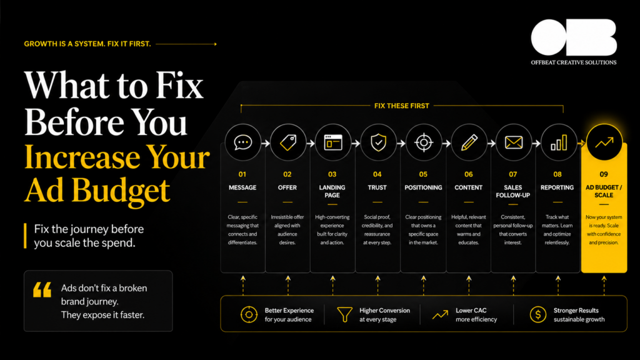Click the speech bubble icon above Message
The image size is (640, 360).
tap(243, 142)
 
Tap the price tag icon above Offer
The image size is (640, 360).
tap(288, 142)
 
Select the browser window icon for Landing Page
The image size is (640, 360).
tap(333, 142)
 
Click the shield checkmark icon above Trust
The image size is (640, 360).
tap(378, 142)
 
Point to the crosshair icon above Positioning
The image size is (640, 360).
tap(424, 142)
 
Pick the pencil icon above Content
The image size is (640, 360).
tap(469, 142)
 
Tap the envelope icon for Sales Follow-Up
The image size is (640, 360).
tap(514, 142)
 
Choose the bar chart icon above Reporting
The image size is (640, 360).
tap(559, 142)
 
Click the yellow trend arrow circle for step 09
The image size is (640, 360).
tap(604, 142)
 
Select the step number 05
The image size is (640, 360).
tap(423, 174)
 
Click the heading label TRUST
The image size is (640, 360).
tap(377, 187)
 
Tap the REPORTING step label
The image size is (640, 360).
tap(557, 187)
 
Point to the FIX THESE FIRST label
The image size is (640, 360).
tap(402, 106)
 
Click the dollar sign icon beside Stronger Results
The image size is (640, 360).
tap(538, 315)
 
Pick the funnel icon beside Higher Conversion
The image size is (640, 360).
tap(344, 315)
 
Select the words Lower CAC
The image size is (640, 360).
tap(471, 310)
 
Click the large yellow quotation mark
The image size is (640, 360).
tap(42, 290)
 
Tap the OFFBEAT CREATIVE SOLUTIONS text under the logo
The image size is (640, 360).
tap(574, 62)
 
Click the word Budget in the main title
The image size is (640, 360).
tap(121, 191)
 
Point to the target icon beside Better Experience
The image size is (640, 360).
tap(249, 315)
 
